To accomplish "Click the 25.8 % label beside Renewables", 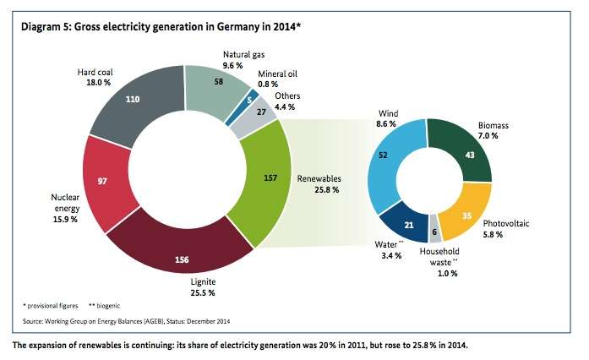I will click(318, 190).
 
